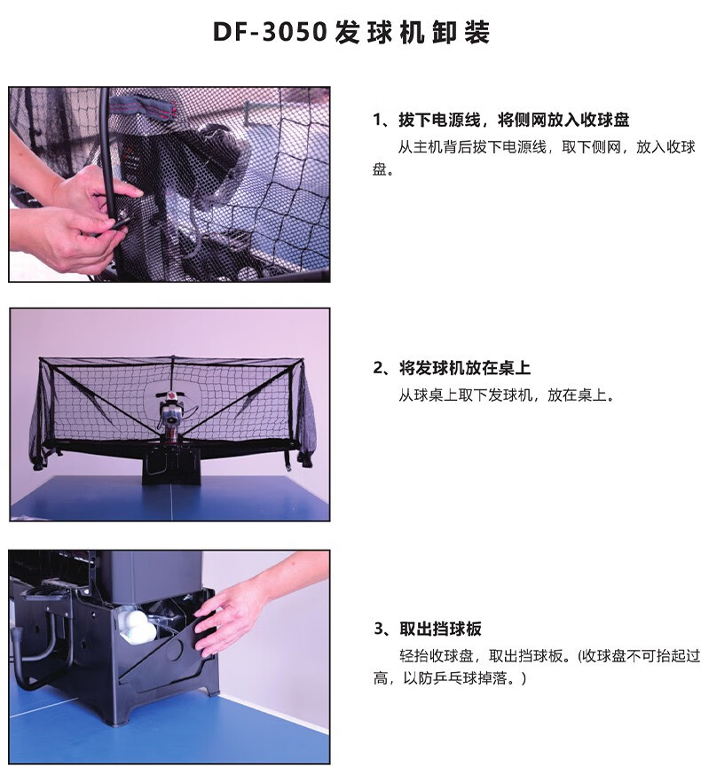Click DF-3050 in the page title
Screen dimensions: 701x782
click(270, 32)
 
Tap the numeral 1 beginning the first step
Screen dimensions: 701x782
click(377, 120)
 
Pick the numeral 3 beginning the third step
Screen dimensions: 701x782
click(379, 629)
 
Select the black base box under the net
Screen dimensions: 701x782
click(172, 466)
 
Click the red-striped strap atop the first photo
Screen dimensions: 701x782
click(144, 106)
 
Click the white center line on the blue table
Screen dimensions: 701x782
click(170, 503)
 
